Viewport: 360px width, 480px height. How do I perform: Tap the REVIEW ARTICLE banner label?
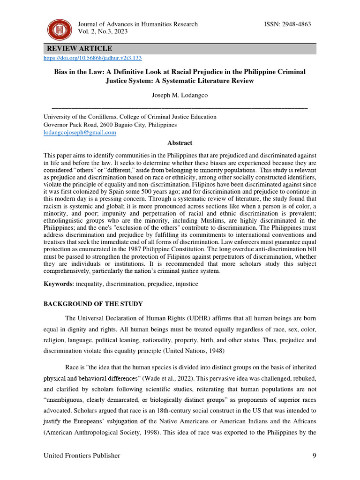click(79, 49)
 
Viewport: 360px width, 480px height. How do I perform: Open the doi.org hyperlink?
click(92, 58)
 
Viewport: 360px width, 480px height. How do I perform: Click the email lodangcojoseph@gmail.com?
click(80, 133)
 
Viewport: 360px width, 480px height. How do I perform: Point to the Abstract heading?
click(180, 143)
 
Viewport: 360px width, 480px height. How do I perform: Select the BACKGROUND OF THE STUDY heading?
click(93, 304)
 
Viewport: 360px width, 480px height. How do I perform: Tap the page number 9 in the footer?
click(314, 456)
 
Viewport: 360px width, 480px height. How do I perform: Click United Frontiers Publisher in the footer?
click(82, 456)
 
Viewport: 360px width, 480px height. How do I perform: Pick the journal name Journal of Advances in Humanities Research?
click(137, 24)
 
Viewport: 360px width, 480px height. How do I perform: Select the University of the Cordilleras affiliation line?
click(130, 117)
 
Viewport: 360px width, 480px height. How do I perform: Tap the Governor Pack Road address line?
click(110, 125)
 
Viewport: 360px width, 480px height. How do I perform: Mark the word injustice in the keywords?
click(186, 284)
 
